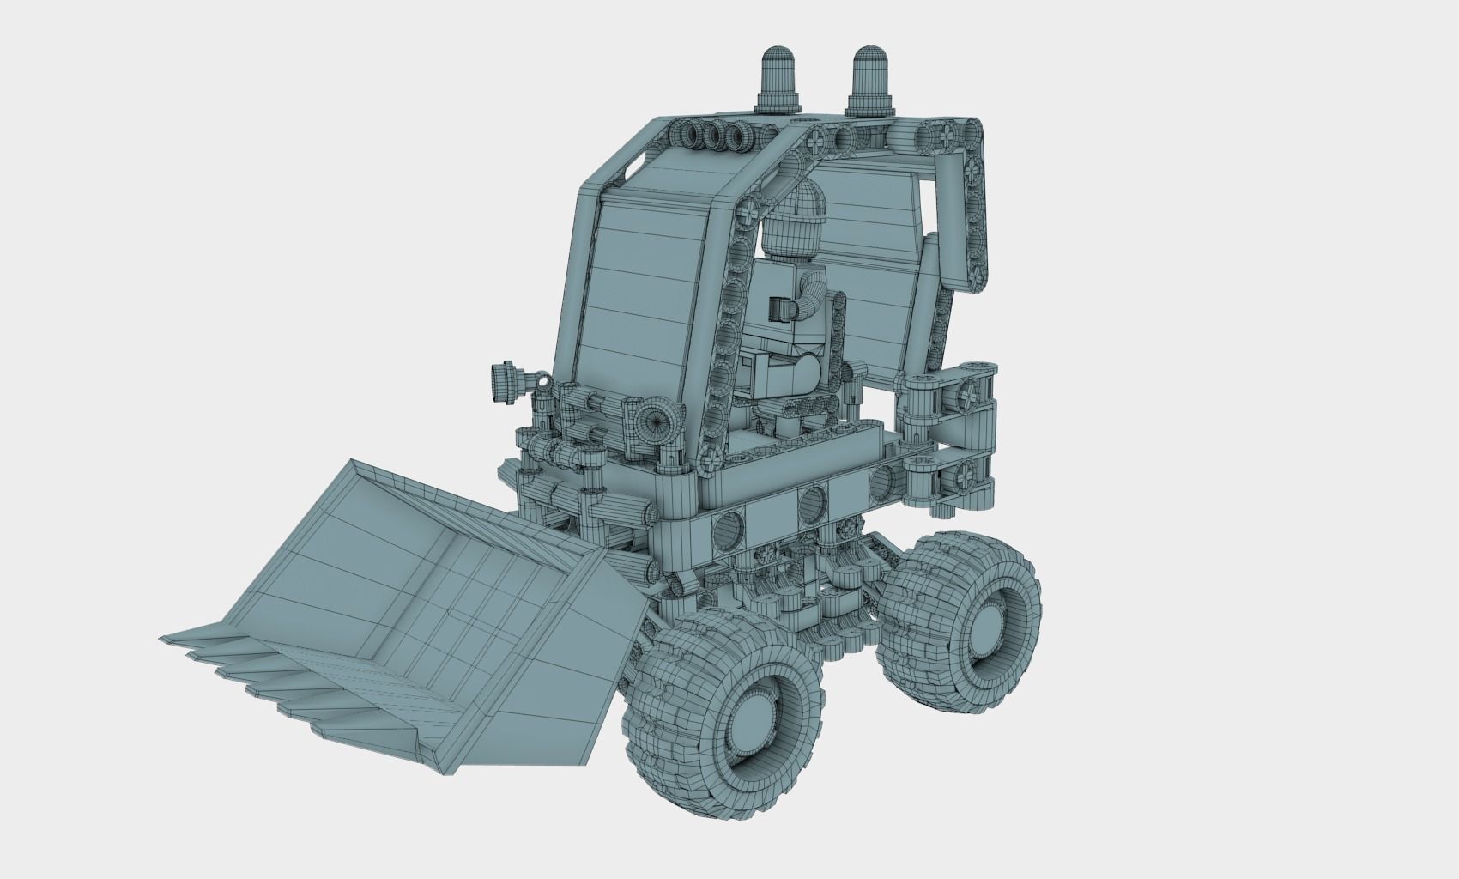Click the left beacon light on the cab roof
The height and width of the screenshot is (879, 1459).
779,77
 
